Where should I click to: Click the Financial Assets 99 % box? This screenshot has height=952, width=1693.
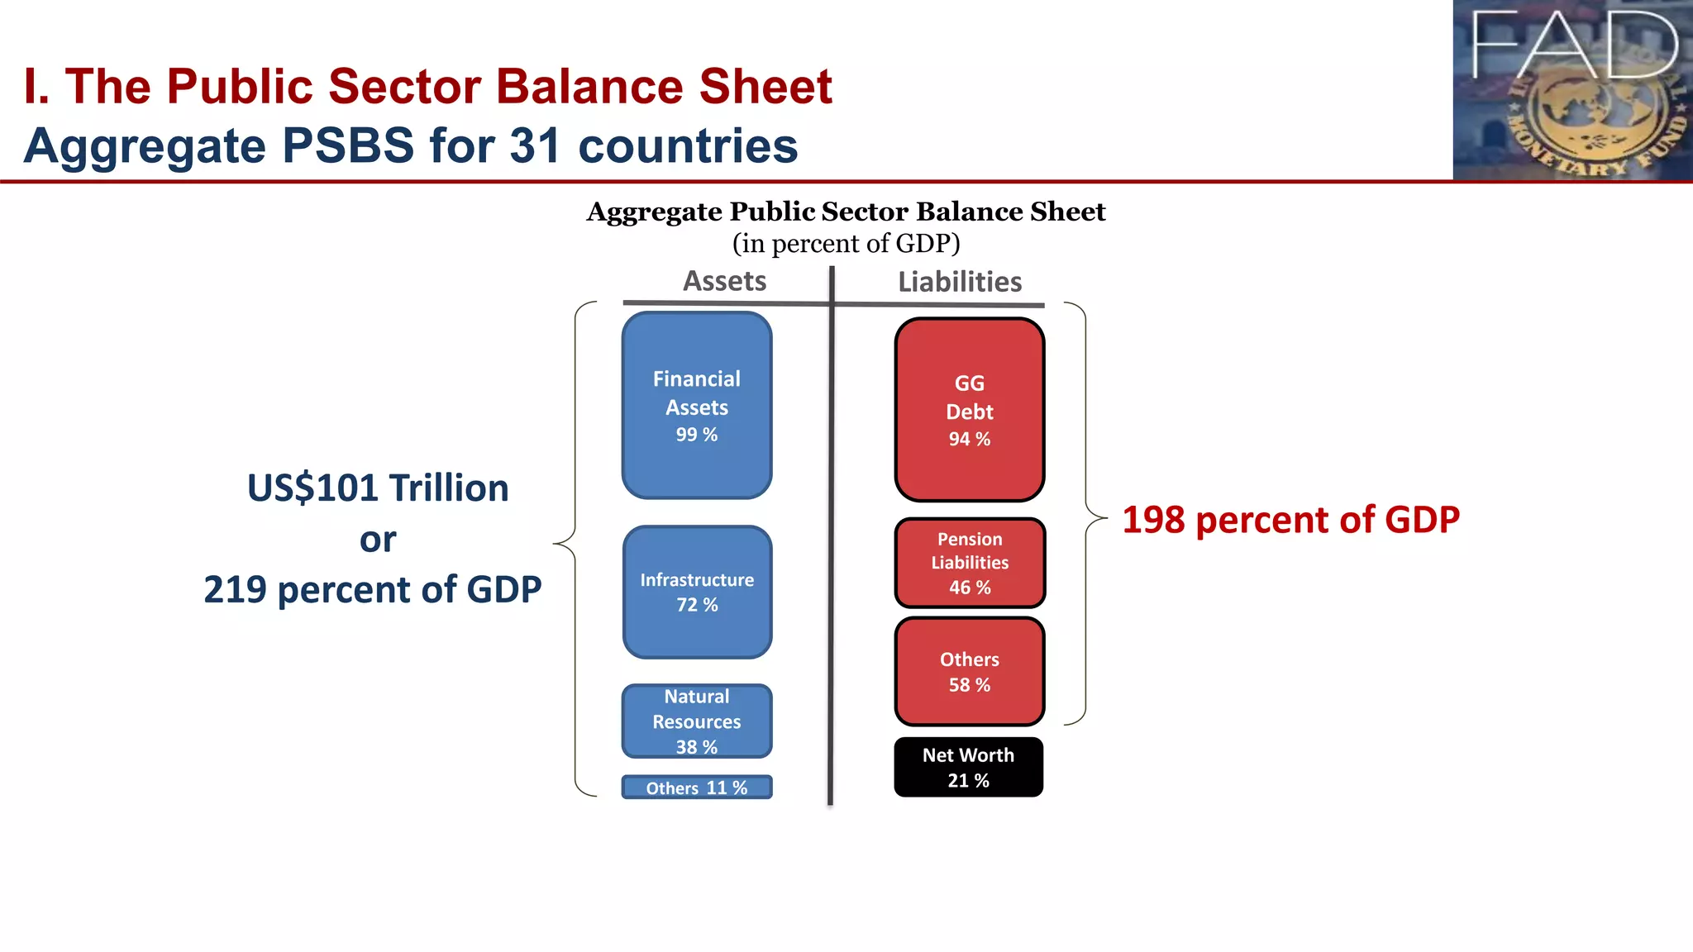697,405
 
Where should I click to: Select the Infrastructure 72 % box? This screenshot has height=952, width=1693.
697,592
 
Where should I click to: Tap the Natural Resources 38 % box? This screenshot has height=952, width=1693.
697,721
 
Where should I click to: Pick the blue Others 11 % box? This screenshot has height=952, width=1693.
697,787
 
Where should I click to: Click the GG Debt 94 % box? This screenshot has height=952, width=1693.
969,410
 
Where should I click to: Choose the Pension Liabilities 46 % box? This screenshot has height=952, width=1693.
969,563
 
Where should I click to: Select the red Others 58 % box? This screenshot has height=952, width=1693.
969,671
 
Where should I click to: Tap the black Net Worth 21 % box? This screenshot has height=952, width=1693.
968,767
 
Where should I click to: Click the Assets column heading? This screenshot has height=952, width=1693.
724,281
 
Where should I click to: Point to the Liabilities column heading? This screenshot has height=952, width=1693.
960,282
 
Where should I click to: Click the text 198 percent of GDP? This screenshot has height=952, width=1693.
1290,520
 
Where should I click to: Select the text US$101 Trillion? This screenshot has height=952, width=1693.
378,488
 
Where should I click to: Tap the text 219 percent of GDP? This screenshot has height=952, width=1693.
372,590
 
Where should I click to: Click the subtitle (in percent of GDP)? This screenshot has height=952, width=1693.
846,244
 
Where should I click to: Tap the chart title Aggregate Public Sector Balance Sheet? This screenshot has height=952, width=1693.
846,212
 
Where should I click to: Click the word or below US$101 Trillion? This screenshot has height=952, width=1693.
378,540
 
